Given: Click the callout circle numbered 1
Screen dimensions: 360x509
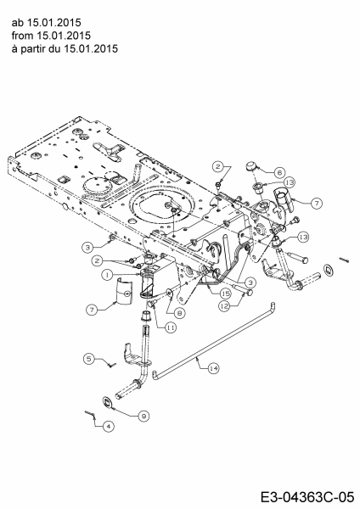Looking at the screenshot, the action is [107, 275].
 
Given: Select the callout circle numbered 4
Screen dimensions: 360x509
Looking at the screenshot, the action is [108, 426].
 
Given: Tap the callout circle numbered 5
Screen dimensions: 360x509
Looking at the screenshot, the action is [89, 359].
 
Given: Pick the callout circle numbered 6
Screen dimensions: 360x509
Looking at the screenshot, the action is [279, 172].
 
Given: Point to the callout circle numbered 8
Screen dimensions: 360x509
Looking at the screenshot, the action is [180, 313].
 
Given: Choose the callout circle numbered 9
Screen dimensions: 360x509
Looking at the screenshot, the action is [143, 416].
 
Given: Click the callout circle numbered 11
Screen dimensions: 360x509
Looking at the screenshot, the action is [171, 327].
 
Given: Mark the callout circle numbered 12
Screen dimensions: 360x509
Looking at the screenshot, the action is [224, 306].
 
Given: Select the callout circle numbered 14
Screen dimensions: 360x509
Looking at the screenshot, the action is [213, 368].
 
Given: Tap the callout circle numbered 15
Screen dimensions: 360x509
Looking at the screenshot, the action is [225, 294].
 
